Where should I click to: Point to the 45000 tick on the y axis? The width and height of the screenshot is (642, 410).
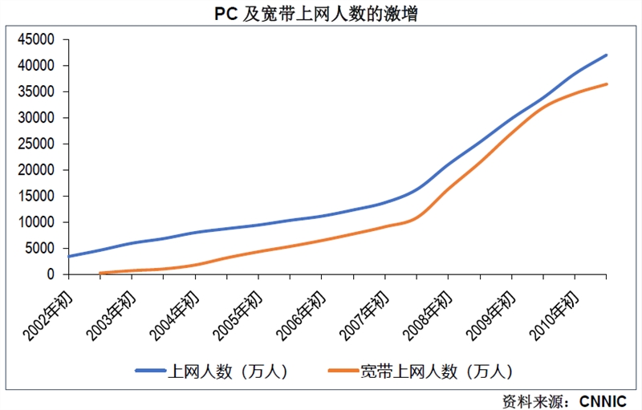click(x=37, y=39)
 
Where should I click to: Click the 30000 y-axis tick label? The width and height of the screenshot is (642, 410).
click(x=37, y=118)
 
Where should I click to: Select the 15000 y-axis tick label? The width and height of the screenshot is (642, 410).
click(x=37, y=196)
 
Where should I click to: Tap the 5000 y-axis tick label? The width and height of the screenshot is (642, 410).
click(x=40, y=248)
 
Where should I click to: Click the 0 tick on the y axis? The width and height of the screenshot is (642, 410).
click(x=50, y=274)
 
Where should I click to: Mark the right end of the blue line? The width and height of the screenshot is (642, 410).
click(x=606, y=55)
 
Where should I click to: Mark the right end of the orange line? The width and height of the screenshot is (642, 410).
click(x=606, y=84)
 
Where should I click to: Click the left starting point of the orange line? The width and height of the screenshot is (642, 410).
click(x=100, y=273)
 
